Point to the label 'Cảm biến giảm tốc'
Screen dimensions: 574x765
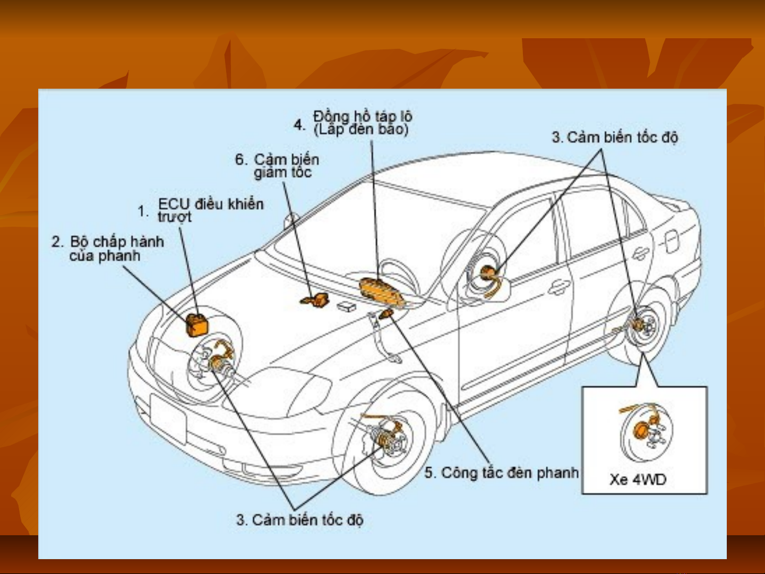pos(286,166)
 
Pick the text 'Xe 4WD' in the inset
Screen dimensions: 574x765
pos(638,479)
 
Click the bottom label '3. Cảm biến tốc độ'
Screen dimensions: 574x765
pos(300,519)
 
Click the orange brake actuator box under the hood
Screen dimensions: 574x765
pos(196,324)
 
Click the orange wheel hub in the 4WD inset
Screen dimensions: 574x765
pos(641,430)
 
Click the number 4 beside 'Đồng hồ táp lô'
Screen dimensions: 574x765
pos(299,125)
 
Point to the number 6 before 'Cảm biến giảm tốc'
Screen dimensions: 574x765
pos(241,159)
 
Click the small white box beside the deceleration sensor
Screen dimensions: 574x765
pos(347,306)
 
